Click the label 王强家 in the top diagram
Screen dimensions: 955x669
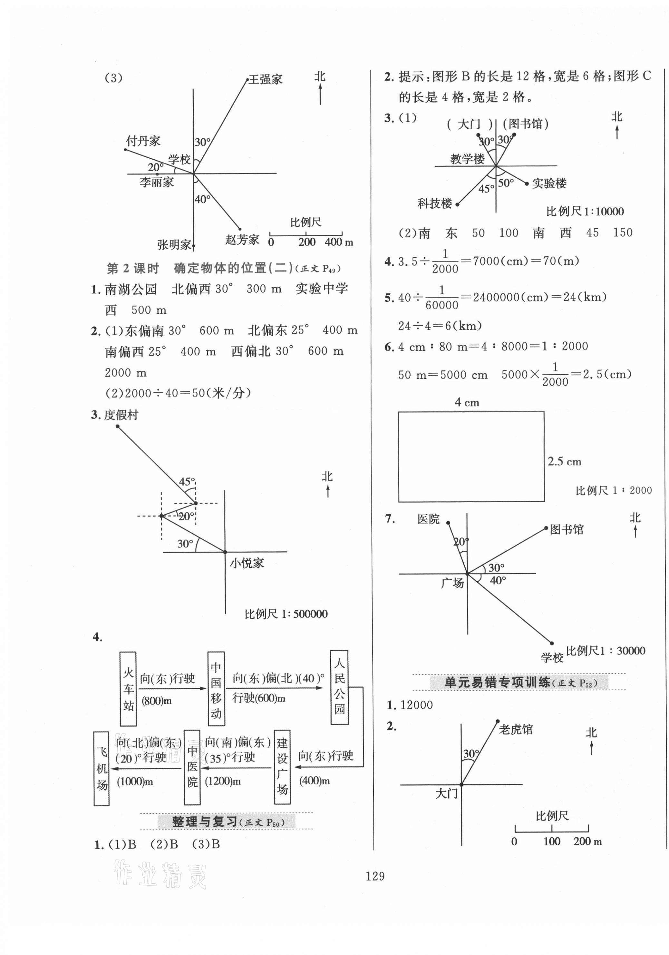click(x=266, y=79)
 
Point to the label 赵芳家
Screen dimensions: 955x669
click(x=242, y=240)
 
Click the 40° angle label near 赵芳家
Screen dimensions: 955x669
click(x=202, y=199)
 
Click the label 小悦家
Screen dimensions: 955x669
click(x=247, y=563)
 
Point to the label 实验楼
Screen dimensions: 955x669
click(x=549, y=183)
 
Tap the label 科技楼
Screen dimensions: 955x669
click(x=434, y=203)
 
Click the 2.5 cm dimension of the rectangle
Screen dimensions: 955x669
click(x=564, y=461)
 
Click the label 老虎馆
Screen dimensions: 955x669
click(x=516, y=729)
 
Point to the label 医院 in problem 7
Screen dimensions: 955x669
click(x=428, y=519)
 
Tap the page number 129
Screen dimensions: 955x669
click(x=375, y=876)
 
